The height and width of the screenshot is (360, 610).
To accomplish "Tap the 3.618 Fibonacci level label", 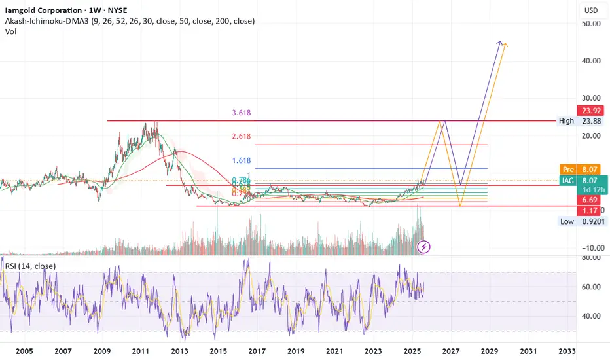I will click(x=242, y=113).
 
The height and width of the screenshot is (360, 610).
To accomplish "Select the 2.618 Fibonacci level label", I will click(x=242, y=136).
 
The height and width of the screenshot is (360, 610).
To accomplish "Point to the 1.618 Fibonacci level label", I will click(x=242, y=160).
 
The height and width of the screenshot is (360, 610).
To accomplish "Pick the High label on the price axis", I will click(x=566, y=120).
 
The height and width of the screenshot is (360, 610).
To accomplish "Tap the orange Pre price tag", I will click(x=567, y=168).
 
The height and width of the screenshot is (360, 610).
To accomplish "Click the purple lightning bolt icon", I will click(x=424, y=247).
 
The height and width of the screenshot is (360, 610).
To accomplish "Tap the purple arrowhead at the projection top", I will click(x=500, y=43).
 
